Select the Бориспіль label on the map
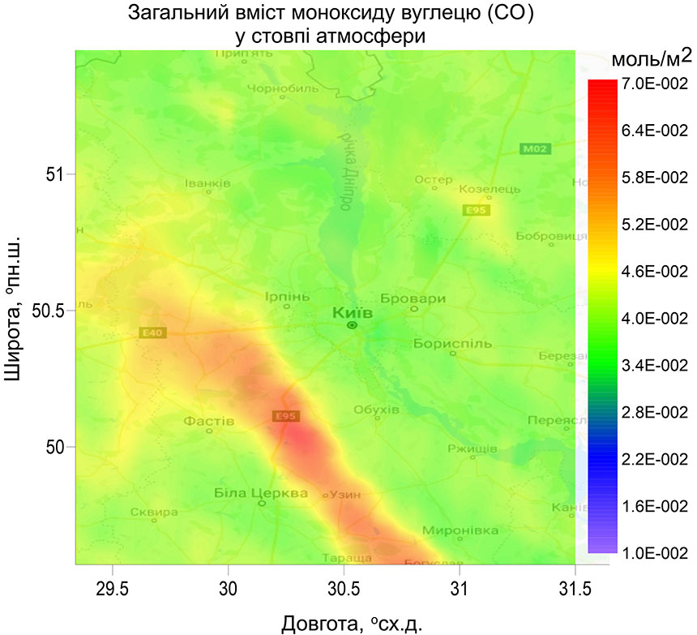click(452, 343)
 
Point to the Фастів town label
click(209, 422)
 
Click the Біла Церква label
click(261, 493)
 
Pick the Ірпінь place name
click(287, 297)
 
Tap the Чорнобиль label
click(281, 89)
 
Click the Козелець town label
click(484, 189)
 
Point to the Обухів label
click(377, 410)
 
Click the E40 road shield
click(152, 333)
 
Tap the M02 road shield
click(534, 148)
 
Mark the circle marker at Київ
click(352, 325)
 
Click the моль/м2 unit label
click(650, 58)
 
